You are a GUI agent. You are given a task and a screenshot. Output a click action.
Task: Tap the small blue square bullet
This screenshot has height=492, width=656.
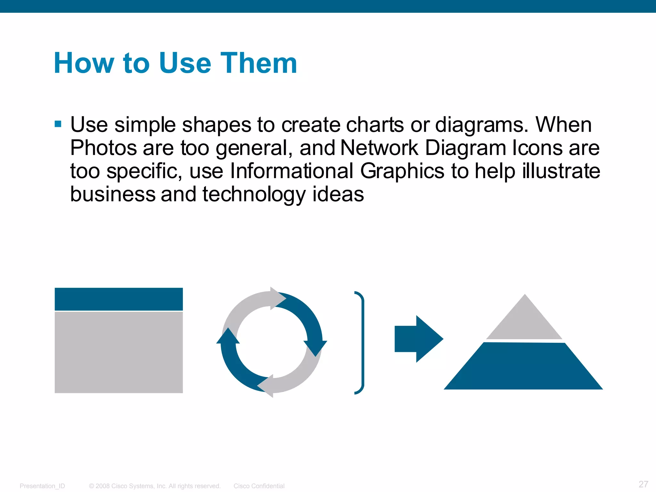[58, 124]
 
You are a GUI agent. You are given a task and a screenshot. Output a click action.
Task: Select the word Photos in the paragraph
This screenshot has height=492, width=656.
[103, 148]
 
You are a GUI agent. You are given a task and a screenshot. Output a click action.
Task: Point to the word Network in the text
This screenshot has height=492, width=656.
[379, 148]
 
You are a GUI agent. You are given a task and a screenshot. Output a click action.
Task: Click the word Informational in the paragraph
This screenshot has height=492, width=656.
[291, 171]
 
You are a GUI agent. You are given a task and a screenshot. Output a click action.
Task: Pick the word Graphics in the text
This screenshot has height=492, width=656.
[402, 171]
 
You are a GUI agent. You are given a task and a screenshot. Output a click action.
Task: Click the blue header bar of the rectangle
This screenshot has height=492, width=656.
[119, 299]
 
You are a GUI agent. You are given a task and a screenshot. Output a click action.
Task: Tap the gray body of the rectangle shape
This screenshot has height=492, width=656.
[119, 352]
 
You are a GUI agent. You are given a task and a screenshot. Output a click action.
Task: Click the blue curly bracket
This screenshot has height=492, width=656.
[362, 343]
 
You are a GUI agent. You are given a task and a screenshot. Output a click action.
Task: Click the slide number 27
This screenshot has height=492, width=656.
[643, 484]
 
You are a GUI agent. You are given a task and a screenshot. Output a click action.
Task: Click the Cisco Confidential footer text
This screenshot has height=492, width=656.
[259, 486]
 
